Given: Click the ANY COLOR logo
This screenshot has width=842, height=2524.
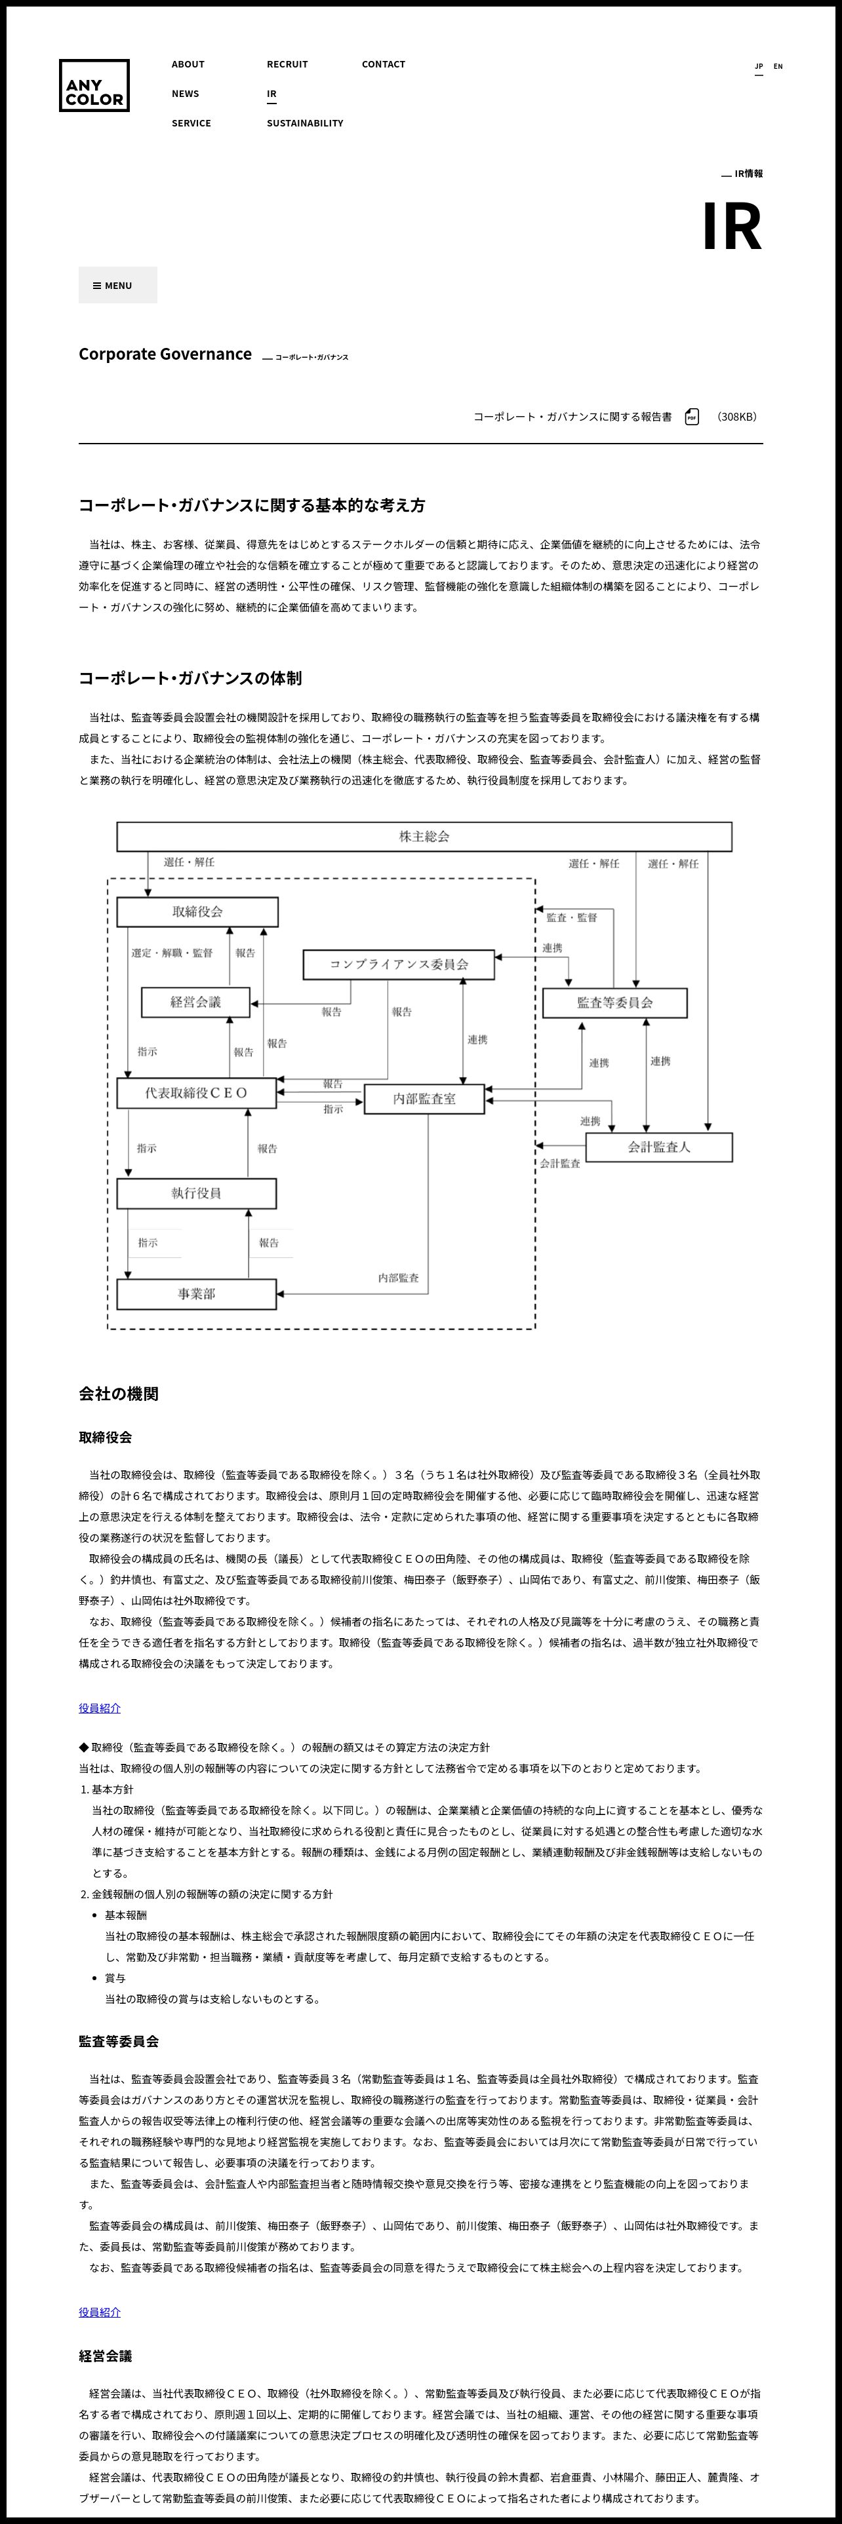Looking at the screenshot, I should (94, 85).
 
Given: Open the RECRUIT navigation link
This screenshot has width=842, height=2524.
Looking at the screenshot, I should (287, 65).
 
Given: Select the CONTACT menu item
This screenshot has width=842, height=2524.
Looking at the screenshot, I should (383, 65).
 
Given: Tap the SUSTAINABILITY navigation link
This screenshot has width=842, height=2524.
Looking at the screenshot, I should (305, 123).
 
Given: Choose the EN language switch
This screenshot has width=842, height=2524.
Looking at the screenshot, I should (778, 67).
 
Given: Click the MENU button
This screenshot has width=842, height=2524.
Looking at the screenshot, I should (117, 285).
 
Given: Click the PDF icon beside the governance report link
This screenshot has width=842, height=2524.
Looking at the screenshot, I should (692, 417).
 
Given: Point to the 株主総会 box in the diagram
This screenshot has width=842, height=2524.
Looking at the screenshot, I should (424, 837).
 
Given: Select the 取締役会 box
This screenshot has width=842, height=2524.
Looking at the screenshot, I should (197, 911).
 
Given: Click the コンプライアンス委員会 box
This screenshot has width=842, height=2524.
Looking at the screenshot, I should (398, 964).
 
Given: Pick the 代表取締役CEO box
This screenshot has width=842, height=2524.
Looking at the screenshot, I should (196, 1092).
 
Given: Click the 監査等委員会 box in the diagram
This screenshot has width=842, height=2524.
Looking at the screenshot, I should (614, 1003).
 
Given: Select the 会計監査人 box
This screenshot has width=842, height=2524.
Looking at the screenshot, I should (658, 1147).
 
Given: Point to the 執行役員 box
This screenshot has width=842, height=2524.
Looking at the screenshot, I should (196, 1193).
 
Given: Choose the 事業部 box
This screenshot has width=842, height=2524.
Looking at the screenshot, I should (196, 1294).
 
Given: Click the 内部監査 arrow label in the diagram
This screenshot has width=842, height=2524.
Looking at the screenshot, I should (398, 1278).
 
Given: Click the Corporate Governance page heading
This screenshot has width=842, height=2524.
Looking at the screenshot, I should (165, 354).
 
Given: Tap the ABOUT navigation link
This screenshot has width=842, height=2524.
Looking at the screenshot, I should (188, 65).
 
